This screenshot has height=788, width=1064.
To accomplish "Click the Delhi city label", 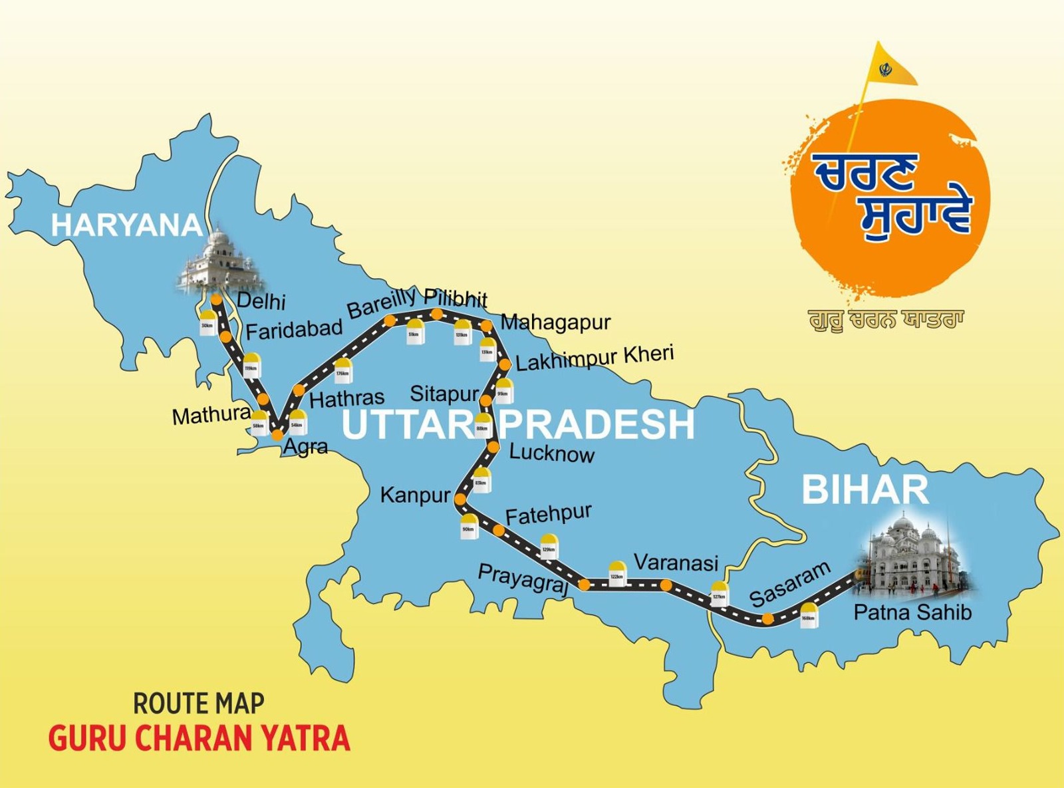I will coord(261,301).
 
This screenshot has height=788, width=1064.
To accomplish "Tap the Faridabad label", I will coord(294,329).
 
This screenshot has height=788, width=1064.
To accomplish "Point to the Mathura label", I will coord(211,416).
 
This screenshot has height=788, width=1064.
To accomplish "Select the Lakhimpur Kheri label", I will coord(595,358).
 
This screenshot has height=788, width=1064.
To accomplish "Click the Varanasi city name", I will coord(676,563).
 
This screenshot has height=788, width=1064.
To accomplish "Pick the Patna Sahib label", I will coord(912,612).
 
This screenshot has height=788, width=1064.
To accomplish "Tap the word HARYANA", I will coord(126,225).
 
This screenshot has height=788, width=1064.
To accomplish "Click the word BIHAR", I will coord(864,490).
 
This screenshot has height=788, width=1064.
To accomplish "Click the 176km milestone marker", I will coord(342,371).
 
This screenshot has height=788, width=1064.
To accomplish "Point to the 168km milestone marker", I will coord(808,615).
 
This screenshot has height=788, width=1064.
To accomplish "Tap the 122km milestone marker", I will coord(617,573).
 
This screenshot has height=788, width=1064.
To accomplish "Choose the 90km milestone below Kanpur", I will coord(469,526).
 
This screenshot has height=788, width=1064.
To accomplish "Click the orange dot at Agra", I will coord(277,436).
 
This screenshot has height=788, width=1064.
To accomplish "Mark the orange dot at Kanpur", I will coord(460,497).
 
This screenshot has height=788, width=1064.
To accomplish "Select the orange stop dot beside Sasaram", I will coord(768,619).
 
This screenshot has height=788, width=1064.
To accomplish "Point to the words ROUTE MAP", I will coord(199,703).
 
